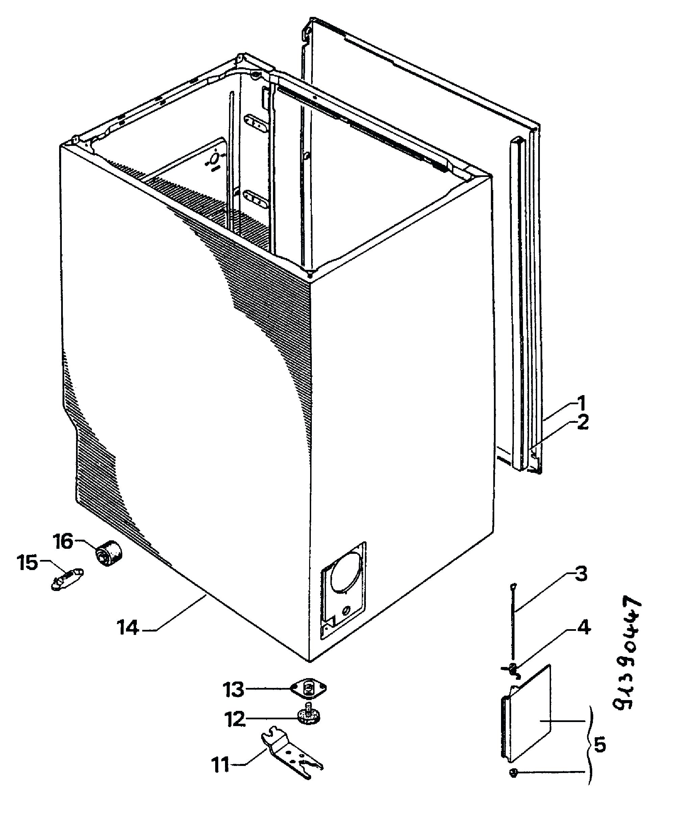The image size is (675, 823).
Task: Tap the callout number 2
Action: click(582, 423)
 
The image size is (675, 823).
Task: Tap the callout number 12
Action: click(235, 719)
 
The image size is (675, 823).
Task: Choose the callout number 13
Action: click(233, 689)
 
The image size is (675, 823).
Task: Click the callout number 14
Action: click(129, 627)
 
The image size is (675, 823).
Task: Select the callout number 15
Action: click(27, 563)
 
